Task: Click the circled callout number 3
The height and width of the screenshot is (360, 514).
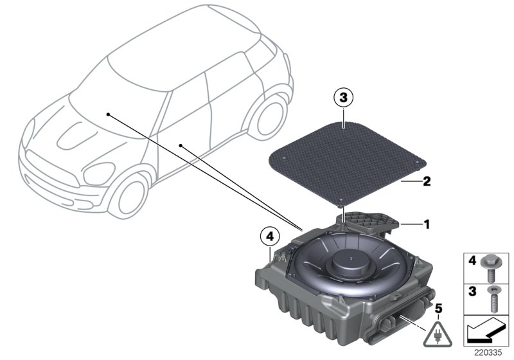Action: click(x=343, y=97)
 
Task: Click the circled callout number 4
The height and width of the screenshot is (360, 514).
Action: click(x=269, y=236)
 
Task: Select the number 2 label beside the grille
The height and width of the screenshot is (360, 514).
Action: click(x=427, y=181)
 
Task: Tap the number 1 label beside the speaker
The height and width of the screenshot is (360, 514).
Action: click(x=427, y=224)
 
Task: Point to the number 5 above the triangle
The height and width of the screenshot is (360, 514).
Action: click(x=438, y=309)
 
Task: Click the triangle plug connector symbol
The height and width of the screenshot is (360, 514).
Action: click(x=438, y=335)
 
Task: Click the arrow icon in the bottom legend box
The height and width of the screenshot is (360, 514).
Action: click(x=485, y=330)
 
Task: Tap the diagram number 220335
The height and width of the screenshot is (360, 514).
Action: click(x=488, y=352)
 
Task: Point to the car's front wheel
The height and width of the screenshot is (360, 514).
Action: click(x=129, y=197)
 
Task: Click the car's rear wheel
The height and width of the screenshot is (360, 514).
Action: click(x=269, y=119)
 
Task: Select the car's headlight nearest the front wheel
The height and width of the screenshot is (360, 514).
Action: click(x=99, y=174)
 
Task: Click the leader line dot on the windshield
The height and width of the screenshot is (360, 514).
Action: click(x=108, y=114)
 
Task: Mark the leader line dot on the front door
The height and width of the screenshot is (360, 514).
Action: click(x=181, y=145)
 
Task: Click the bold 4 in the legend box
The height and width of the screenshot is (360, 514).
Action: click(x=472, y=261)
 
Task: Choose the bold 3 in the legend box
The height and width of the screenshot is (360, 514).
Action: click(x=472, y=291)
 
